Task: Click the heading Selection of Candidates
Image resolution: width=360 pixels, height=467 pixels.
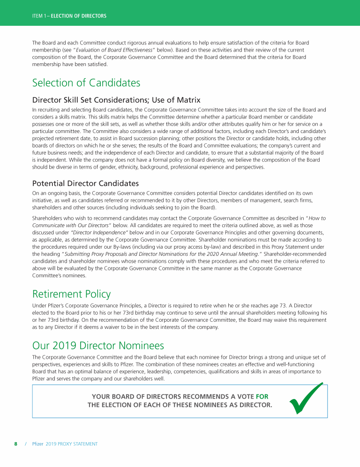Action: (86, 83)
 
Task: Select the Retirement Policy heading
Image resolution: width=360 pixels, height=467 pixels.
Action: (71, 294)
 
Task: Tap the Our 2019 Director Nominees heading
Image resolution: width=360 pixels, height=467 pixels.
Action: (98, 346)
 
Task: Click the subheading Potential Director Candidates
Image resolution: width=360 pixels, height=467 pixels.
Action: (85, 183)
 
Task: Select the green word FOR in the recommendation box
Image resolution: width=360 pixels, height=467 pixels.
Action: (262, 396)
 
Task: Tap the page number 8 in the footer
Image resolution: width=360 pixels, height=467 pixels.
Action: (15, 444)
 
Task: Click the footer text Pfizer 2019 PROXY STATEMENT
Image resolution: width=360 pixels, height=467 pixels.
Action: (65, 444)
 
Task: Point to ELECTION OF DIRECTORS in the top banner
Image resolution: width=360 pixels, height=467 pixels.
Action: (78, 16)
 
